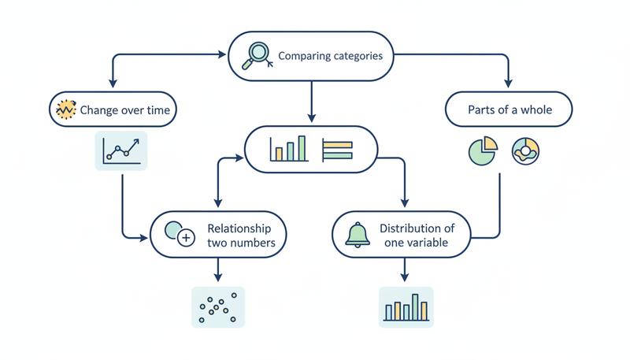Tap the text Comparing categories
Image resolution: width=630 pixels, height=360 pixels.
pyautogui.click(x=331, y=57)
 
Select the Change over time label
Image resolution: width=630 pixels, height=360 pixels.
pyautogui.click(x=124, y=110)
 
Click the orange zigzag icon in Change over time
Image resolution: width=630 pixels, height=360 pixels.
pyautogui.click(x=65, y=110)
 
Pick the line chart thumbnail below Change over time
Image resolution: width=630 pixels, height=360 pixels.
pyautogui.click(x=121, y=150)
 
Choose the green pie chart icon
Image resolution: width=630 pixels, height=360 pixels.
pyautogui.click(x=482, y=150)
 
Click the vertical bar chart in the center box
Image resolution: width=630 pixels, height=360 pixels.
pyautogui.click(x=287, y=149)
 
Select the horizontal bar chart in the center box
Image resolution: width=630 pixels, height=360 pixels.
pyautogui.click(x=338, y=149)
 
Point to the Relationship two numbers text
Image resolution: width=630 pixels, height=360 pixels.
pyautogui.click(x=241, y=235)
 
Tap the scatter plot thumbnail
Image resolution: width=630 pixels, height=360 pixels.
pyautogui.click(x=218, y=306)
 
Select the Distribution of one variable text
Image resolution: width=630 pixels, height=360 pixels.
pyautogui.click(x=417, y=236)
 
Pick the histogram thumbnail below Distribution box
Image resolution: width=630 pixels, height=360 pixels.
pyautogui.click(x=406, y=306)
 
